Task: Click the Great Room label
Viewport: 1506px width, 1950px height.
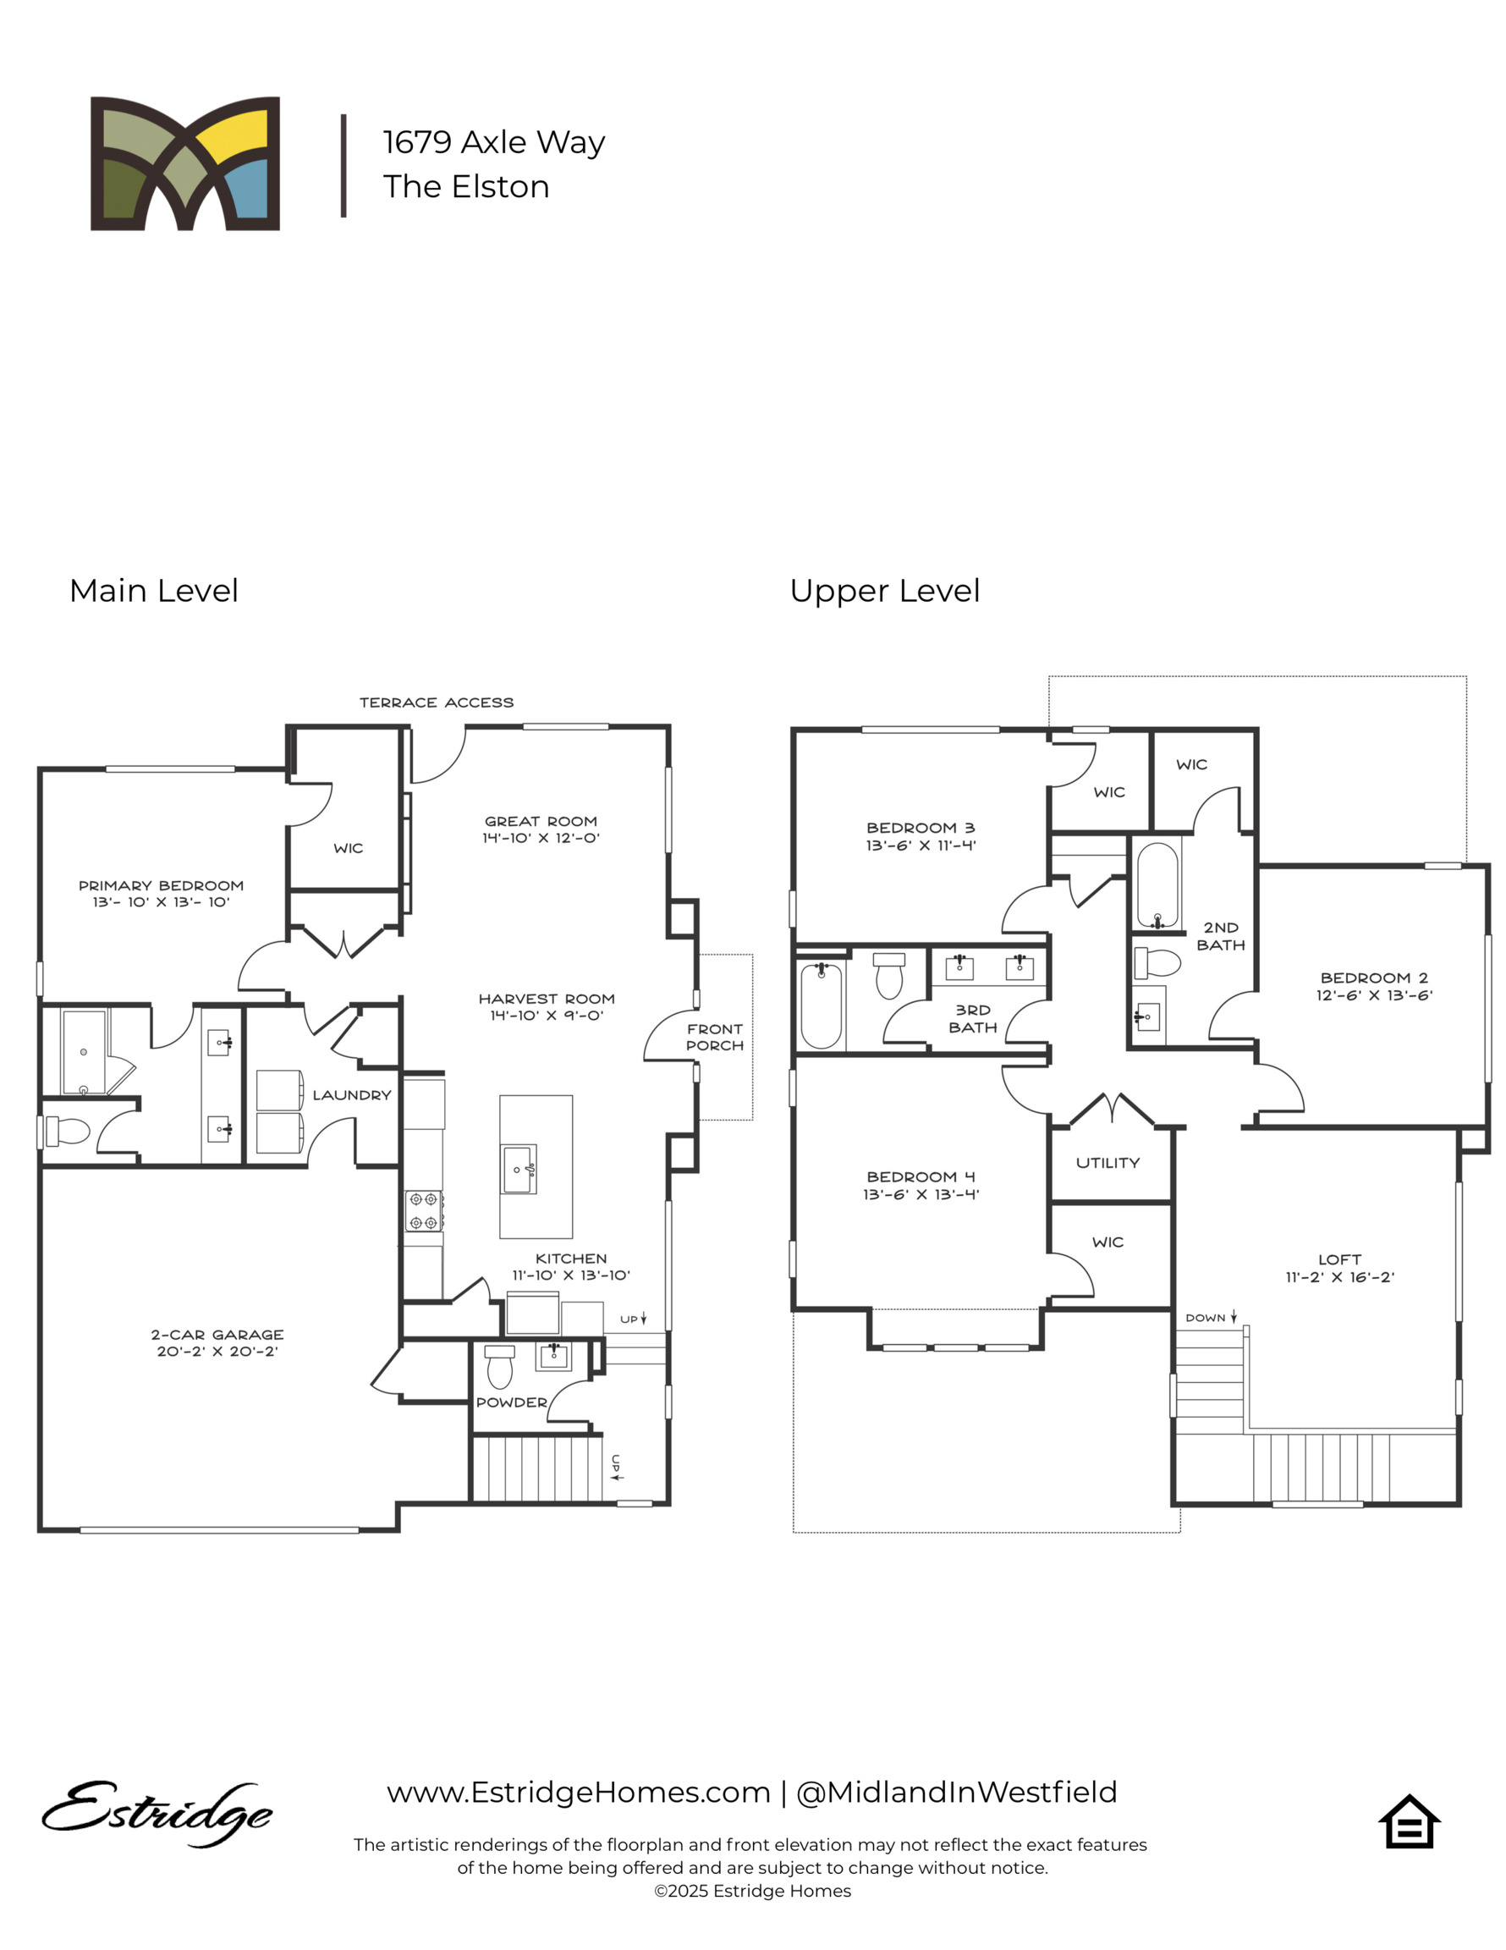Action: point(540,820)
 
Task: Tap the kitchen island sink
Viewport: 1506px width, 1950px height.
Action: point(519,1170)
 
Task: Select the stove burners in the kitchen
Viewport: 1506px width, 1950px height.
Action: point(422,1211)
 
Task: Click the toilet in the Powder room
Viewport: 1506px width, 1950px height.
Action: point(499,1365)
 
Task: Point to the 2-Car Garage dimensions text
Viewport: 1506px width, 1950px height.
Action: point(217,1352)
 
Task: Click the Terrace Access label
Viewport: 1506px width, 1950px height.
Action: point(436,702)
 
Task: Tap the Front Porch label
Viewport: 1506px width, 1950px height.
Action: point(714,1037)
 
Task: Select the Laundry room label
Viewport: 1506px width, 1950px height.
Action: point(351,1094)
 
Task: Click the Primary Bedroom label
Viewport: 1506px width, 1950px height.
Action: point(161,884)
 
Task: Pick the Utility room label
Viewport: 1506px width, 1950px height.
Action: point(1107,1163)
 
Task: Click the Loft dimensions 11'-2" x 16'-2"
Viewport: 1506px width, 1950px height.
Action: point(1339,1278)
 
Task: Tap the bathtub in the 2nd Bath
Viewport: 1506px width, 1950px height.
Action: point(1157,884)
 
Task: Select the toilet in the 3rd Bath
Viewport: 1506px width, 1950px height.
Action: point(888,975)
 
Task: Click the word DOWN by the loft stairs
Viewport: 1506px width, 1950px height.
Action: point(1204,1318)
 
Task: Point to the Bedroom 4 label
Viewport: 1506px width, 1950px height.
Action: point(920,1176)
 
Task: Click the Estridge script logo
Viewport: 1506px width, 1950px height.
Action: point(157,1814)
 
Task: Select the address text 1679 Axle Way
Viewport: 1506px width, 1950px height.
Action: point(493,142)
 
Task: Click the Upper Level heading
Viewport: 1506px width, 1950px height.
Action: point(884,590)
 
